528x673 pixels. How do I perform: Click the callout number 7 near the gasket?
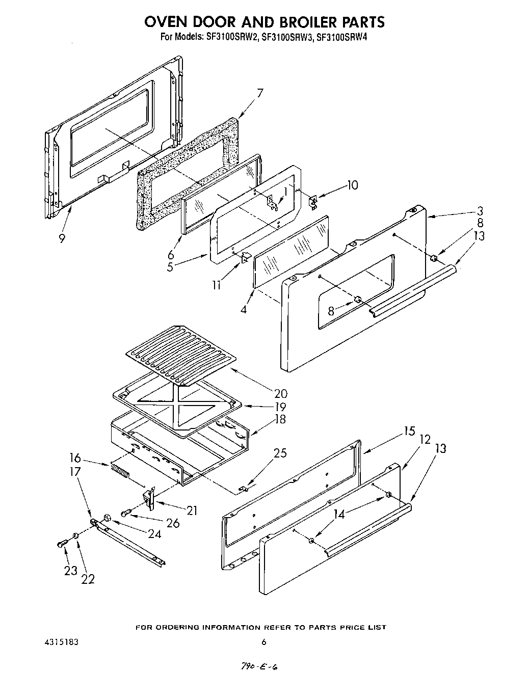260,93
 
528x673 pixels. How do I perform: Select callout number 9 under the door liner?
62,238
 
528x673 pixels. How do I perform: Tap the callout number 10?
352,185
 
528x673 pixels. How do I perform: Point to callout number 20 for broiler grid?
280,394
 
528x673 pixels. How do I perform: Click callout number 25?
280,453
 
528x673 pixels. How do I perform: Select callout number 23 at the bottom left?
70,571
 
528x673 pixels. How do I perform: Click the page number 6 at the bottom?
264,642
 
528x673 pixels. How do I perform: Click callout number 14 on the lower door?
339,515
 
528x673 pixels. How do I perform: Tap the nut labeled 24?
107,518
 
